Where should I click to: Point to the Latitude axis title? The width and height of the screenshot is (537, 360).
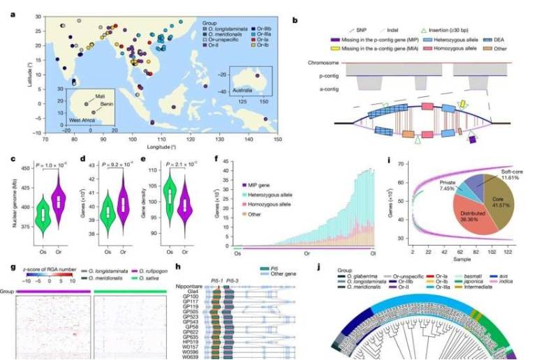(x=27, y=76)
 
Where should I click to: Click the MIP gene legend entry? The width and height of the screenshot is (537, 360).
(x=257, y=183)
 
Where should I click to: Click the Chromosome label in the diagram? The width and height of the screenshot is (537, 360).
(x=323, y=63)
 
